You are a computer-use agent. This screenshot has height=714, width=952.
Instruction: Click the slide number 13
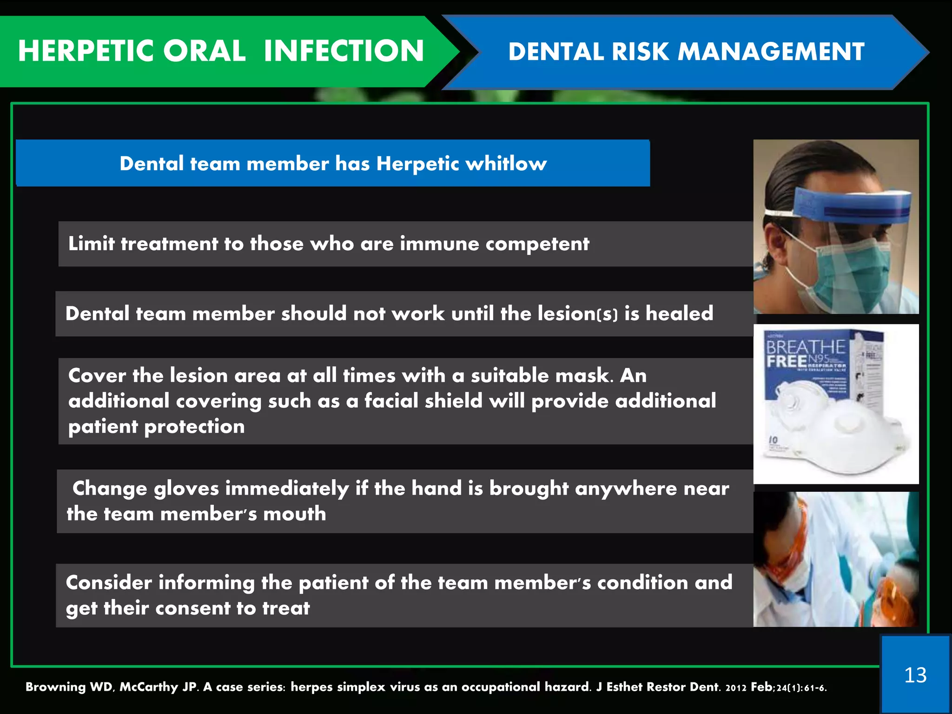click(915, 675)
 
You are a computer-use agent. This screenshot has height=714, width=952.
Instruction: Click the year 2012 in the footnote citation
click(735, 688)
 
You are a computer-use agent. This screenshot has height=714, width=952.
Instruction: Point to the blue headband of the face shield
click(851, 205)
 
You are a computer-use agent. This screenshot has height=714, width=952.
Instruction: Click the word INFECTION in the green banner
click(344, 51)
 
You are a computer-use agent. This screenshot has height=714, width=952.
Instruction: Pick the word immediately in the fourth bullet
click(287, 489)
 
